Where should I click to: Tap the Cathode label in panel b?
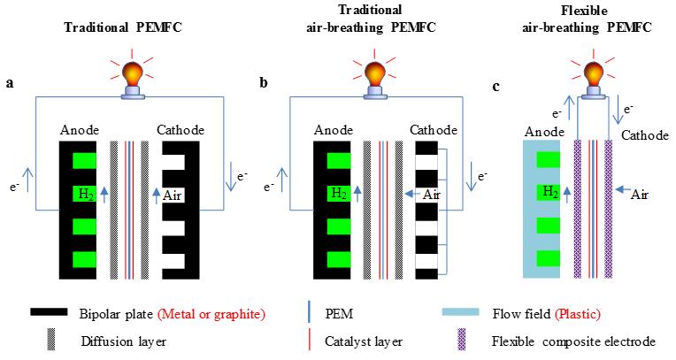tap(434, 130)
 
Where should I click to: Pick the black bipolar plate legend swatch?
tap(54, 313)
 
